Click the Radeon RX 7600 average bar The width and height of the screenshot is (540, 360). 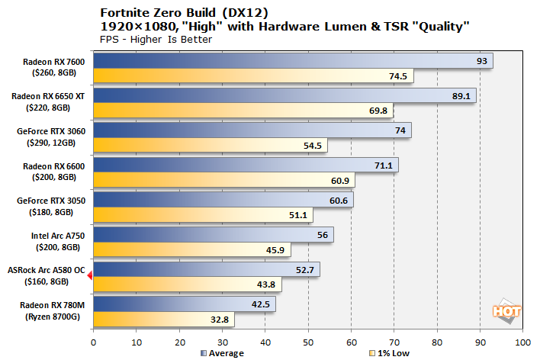[292, 61]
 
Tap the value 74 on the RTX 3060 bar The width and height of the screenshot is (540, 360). [400, 130]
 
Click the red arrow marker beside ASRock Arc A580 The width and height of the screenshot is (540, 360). [89, 276]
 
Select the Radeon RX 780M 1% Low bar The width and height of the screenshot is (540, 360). [163, 320]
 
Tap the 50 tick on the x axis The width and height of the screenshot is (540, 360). [307, 342]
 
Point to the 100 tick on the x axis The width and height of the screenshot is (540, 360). [522, 342]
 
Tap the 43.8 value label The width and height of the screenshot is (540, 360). [269, 284]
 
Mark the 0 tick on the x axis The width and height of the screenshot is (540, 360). [93, 342]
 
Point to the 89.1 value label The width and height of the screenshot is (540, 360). [462, 96]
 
